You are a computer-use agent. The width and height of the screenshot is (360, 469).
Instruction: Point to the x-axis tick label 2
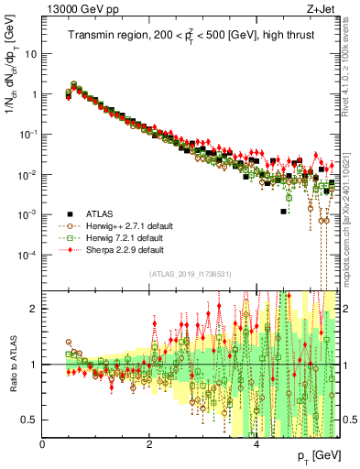[149, 443]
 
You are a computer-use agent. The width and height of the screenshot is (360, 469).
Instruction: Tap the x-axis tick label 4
[256, 443]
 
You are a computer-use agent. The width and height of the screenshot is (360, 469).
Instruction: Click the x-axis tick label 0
[43, 443]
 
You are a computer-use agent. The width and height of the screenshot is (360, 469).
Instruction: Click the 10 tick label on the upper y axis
[30, 54]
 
